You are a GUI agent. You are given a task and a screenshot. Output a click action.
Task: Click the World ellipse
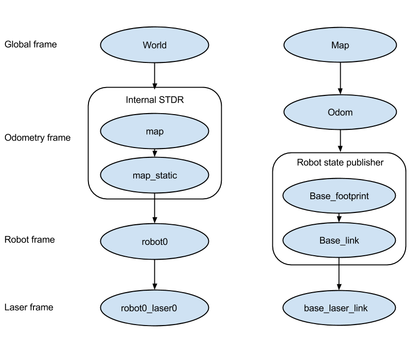(154, 45)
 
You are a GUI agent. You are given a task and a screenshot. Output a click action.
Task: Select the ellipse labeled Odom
(340, 112)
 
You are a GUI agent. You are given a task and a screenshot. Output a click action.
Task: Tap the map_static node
(154, 175)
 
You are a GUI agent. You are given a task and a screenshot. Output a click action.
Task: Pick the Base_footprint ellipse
(339, 196)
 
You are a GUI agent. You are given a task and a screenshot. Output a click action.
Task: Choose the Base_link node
(339, 240)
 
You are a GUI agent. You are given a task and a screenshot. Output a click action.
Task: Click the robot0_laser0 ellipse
(154, 308)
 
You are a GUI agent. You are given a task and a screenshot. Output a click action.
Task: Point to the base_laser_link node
(339, 308)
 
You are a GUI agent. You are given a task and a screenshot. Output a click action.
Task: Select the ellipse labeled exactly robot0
(154, 241)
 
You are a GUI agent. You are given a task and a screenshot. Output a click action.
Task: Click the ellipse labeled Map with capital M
(340, 45)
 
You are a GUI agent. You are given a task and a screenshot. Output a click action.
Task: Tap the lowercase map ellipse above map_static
(154, 131)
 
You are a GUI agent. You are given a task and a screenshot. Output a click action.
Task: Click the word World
(154, 45)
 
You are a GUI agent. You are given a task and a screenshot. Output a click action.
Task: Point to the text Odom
(340, 112)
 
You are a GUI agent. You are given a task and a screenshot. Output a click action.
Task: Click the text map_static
(154, 175)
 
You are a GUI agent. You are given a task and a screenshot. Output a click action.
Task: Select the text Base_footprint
(339, 196)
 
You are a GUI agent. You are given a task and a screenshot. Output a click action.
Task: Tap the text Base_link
(339, 240)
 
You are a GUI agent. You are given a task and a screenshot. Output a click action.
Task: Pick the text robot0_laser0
(149, 308)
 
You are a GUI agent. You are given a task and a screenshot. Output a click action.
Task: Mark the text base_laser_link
(336, 308)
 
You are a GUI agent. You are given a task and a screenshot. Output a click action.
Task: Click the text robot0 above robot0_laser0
(154, 241)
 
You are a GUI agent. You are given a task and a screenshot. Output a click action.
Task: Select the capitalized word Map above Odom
(340, 45)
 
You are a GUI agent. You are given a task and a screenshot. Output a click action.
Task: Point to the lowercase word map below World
(154, 131)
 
